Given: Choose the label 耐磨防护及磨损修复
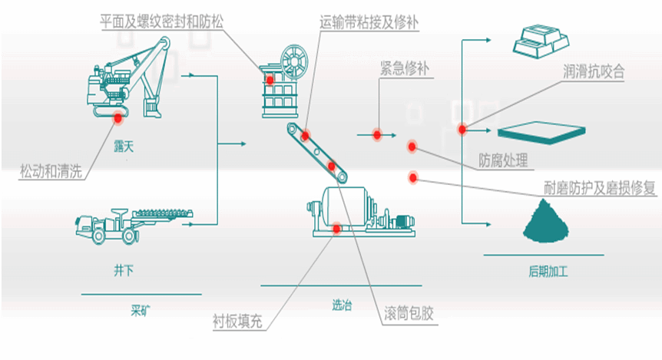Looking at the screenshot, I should pyautogui.click(x=598, y=187).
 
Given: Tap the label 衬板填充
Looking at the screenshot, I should pyautogui.click(x=237, y=320).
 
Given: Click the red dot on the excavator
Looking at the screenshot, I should pyautogui.click(x=118, y=117).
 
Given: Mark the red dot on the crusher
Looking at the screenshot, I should pyautogui.click(x=270, y=80).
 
